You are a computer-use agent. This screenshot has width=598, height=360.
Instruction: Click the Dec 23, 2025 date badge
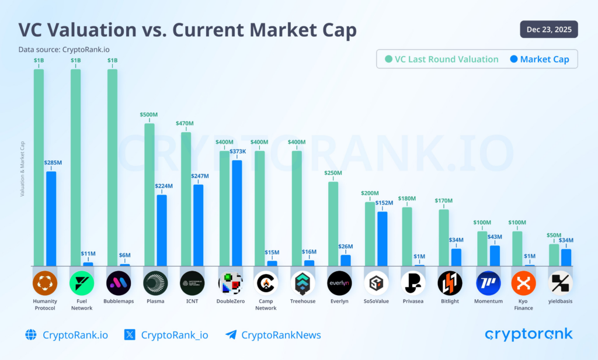548,29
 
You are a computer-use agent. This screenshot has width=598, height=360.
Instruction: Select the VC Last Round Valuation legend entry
441,59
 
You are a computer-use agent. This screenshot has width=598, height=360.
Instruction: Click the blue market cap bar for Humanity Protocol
51,219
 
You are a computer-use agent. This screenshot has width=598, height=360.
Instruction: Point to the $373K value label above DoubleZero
237,151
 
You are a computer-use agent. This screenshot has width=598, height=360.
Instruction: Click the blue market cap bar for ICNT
199,225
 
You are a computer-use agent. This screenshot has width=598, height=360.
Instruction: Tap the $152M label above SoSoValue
384,202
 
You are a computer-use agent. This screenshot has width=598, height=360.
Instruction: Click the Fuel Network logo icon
82,283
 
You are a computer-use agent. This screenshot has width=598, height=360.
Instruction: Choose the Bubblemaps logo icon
119,283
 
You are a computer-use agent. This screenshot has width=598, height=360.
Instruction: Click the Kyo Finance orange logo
523,283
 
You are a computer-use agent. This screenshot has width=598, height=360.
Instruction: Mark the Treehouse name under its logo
303,302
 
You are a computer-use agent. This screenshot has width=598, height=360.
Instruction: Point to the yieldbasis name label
561,302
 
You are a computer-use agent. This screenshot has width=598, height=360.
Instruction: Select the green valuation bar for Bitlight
444,237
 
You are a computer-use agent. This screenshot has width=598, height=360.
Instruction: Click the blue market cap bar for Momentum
495,255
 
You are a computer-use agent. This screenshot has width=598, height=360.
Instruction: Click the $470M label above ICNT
185,123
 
